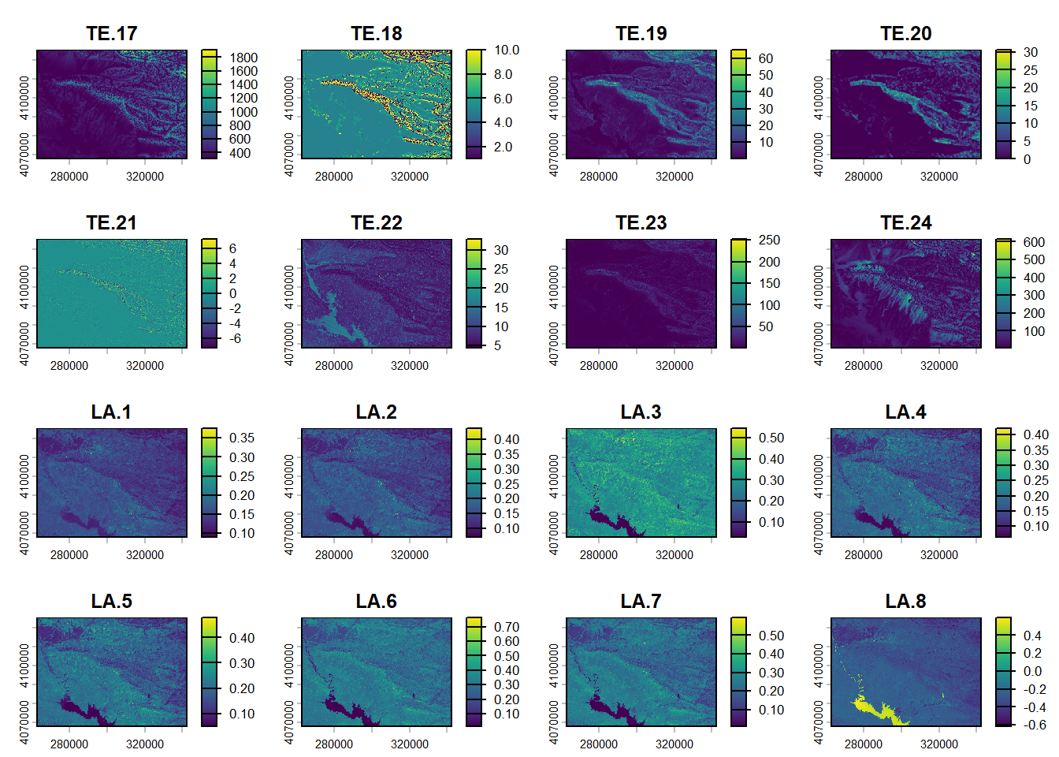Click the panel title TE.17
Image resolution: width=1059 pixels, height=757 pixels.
(x=112, y=34)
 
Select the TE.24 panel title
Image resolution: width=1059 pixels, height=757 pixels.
(x=905, y=223)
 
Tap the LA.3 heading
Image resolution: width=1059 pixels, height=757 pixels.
(x=641, y=412)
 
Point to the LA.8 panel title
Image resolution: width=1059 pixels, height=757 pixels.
(x=905, y=602)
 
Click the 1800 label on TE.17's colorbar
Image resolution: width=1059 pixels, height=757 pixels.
(x=243, y=58)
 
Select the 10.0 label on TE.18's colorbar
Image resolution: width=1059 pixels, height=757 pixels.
(x=507, y=50)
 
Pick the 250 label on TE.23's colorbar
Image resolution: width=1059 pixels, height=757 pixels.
(x=769, y=240)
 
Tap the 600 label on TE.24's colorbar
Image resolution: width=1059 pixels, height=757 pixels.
(x=1034, y=242)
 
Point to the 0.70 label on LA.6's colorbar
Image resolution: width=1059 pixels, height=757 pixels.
(x=507, y=627)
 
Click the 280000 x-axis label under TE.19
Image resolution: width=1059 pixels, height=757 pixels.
(x=599, y=177)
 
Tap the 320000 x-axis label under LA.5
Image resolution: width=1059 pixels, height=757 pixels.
(x=145, y=744)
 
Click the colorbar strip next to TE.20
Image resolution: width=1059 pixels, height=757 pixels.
(x=1003, y=104)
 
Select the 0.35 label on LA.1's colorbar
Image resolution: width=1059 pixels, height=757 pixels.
(x=242, y=438)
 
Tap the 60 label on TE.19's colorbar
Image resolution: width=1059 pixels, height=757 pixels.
(x=766, y=58)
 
